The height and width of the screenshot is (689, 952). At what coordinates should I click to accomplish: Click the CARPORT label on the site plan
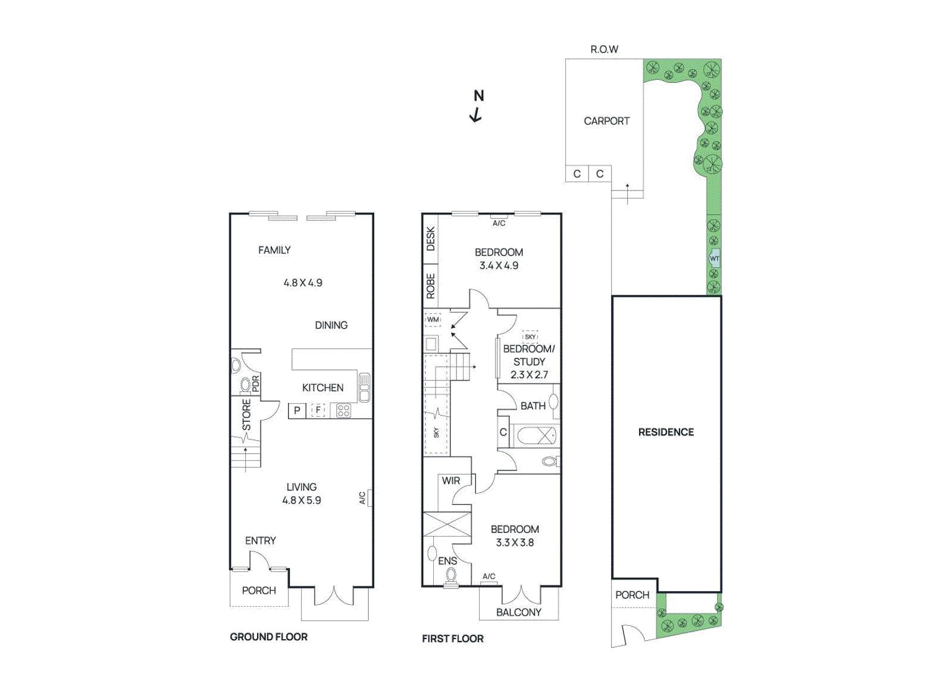tap(606, 121)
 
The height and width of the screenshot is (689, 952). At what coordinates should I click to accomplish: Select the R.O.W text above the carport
tap(604, 49)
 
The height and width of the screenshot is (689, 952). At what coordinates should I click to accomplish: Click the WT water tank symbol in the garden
tap(715, 258)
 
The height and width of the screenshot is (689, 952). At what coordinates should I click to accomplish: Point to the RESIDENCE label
tap(666, 432)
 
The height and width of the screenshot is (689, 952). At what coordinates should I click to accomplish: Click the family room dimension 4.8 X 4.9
tap(303, 283)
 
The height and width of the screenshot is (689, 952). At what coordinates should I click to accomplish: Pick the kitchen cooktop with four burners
tap(343, 410)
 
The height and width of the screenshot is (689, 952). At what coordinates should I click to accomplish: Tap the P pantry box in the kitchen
tap(297, 410)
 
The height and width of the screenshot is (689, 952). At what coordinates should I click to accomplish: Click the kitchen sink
tap(365, 388)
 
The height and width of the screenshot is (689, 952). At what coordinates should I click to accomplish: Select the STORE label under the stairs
tap(246, 414)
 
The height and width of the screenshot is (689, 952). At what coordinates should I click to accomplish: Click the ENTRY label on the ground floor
tap(261, 541)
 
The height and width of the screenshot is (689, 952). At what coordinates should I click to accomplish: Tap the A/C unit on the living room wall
tap(370, 498)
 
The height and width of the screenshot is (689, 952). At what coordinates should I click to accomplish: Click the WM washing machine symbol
tap(433, 320)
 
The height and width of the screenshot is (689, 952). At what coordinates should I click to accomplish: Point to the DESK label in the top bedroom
tap(431, 239)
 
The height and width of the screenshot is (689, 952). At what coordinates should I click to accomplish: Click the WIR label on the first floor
tap(451, 481)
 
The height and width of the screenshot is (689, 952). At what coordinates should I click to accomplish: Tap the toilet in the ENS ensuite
tap(451, 575)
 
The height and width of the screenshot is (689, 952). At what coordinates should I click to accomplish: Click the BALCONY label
tap(519, 612)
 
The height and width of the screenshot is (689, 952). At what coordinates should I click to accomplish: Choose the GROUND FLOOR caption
tap(269, 637)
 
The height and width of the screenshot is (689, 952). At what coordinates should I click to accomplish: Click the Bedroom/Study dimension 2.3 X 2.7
tap(529, 375)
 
